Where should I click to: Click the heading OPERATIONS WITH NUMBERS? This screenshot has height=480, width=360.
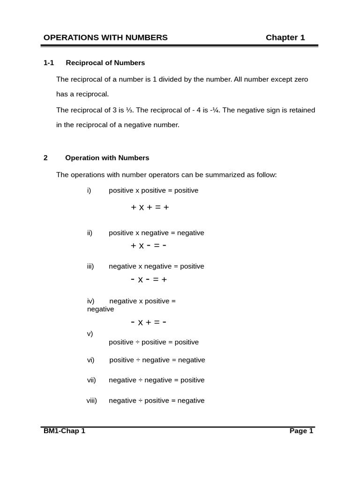click(x=105, y=37)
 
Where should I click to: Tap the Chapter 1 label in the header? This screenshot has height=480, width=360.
click(x=285, y=37)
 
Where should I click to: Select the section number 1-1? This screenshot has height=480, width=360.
click(x=49, y=63)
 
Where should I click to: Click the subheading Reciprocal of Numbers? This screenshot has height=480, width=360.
click(x=105, y=63)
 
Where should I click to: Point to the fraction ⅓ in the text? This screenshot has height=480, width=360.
click(x=129, y=110)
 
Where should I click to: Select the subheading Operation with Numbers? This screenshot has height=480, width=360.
click(x=107, y=158)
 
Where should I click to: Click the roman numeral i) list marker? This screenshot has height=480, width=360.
click(x=89, y=190)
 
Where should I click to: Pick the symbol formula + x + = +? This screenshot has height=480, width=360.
click(x=150, y=207)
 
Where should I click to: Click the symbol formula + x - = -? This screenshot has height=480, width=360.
click(x=149, y=245)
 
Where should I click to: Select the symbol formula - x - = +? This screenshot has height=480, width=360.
click(x=149, y=279)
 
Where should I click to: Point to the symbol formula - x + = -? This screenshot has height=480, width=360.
click(x=149, y=322)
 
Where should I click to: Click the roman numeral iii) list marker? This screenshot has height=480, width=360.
click(x=90, y=266)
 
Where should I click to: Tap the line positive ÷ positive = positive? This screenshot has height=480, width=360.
click(x=154, y=342)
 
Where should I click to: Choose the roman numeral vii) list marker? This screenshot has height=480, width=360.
click(x=91, y=380)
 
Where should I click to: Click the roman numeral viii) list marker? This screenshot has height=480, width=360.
click(x=92, y=401)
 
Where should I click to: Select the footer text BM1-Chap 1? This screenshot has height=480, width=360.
click(x=64, y=431)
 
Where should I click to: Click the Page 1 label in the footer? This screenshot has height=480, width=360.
click(x=301, y=431)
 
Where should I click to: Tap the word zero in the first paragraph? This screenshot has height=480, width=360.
click(x=300, y=80)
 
